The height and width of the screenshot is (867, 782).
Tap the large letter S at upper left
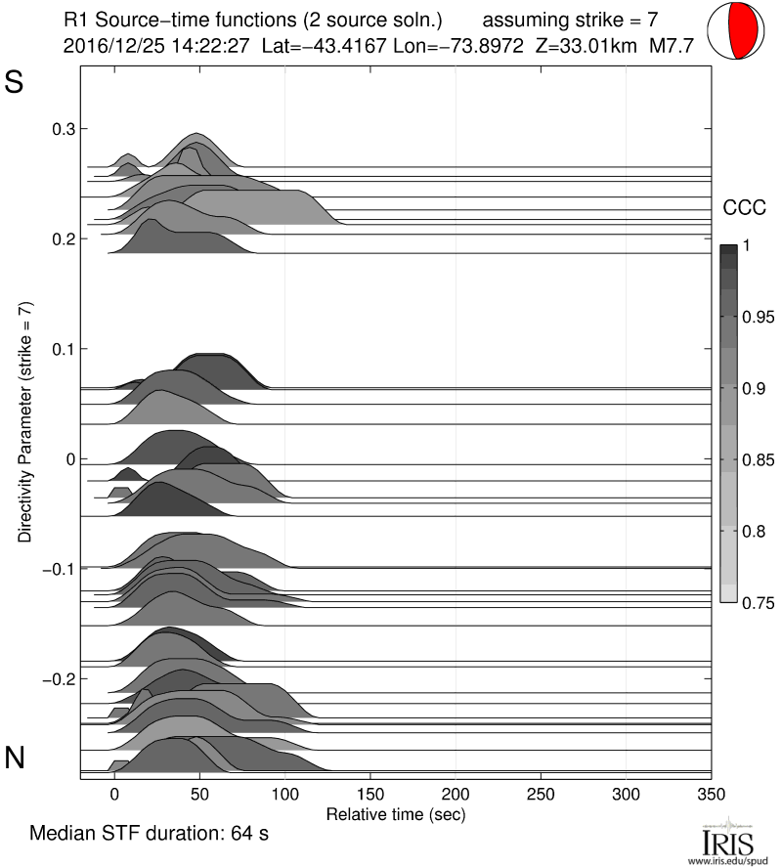(x=15, y=83)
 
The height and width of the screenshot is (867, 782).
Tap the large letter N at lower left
(x=15, y=757)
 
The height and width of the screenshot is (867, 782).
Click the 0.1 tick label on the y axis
(x=64, y=349)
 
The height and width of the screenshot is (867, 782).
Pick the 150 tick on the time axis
(x=370, y=793)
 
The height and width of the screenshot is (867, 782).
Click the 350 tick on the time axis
(x=712, y=793)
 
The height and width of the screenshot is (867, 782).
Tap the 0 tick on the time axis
(x=114, y=793)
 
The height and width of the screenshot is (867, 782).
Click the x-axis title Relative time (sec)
(x=395, y=813)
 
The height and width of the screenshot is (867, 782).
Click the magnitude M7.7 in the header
(x=678, y=45)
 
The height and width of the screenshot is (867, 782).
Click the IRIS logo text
(x=728, y=841)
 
